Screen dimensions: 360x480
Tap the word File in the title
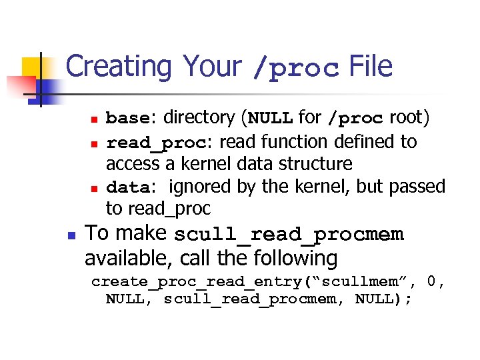click(x=371, y=67)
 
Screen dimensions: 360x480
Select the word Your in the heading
click(x=213, y=67)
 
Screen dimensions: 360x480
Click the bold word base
click(x=129, y=119)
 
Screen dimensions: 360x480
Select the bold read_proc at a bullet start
click(x=156, y=143)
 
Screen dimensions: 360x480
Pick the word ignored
click(x=199, y=186)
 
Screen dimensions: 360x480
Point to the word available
click(x=124, y=257)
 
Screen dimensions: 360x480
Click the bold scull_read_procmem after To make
click(x=289, y=235)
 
